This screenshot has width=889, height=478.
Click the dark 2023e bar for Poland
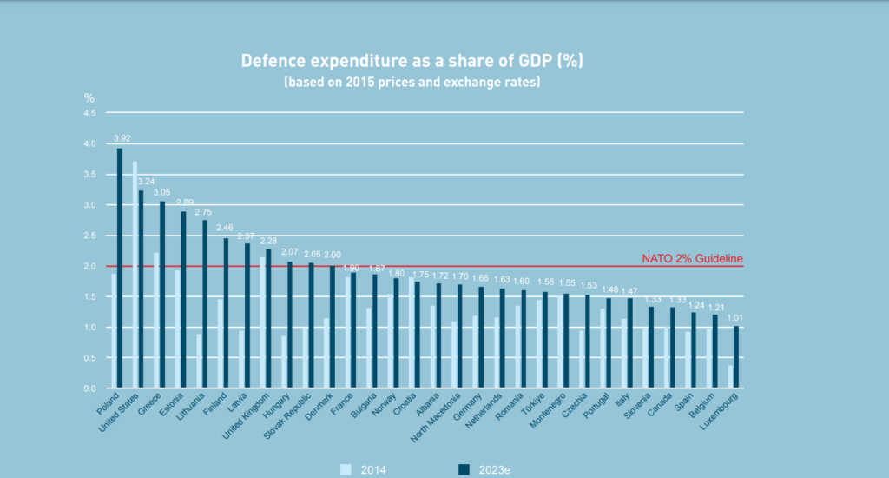(x=119, y=269)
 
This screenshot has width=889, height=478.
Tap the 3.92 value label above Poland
(x=122, y=138)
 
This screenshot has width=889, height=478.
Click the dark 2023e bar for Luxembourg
(x=735, y=357)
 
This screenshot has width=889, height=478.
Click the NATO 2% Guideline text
(x=692, y=258)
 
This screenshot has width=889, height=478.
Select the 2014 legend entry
(x=364, y=469)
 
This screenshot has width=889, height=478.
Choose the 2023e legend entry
(x=485, y=469)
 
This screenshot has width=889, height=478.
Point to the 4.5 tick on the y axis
(x=89, y=113)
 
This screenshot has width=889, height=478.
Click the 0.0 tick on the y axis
(x=89, y=388)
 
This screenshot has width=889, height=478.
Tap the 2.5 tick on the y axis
(x=89, y=236)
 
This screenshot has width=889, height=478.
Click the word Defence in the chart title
(x=277, y=62)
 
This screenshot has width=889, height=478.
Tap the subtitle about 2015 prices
(x=411, y=83)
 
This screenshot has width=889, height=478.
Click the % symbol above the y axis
(x=89, y=97)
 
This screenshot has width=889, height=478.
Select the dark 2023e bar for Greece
(x=161, y=295)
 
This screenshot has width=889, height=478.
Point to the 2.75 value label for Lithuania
(x=203, y=210)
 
